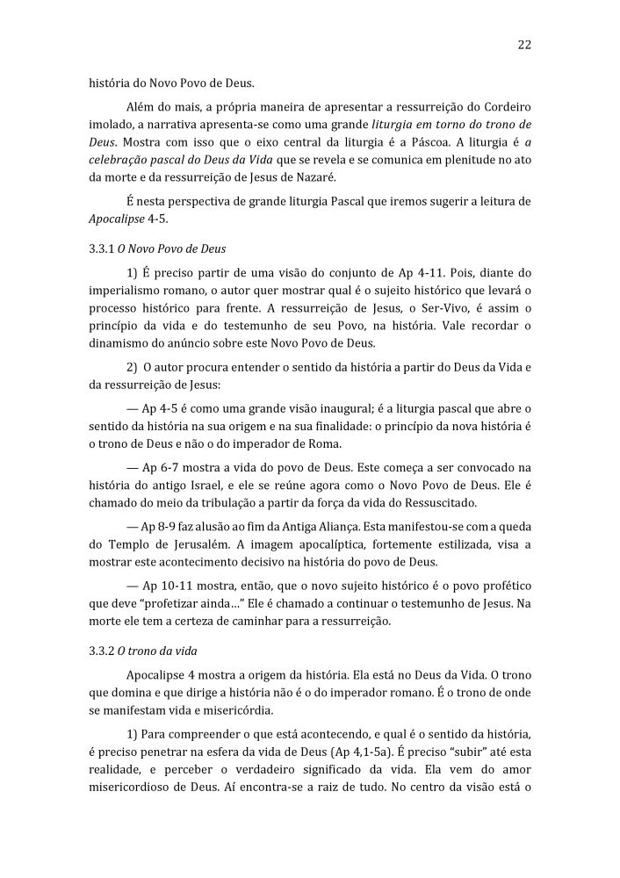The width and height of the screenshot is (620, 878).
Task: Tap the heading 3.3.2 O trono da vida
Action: tap(144, 651)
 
